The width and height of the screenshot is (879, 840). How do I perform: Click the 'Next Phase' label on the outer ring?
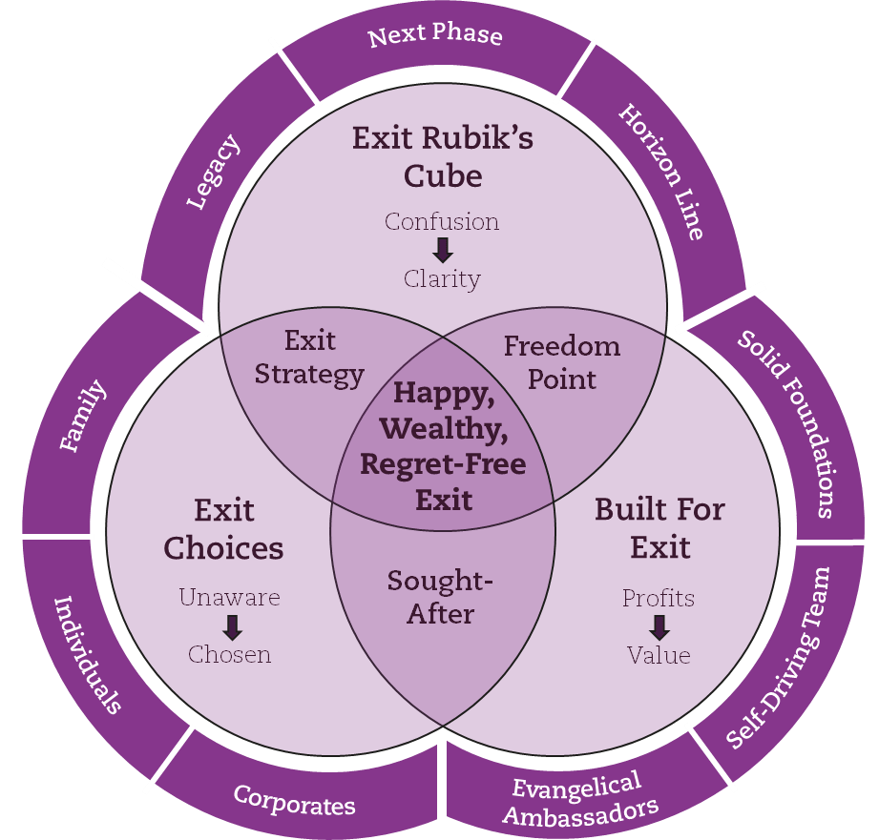(434, 36)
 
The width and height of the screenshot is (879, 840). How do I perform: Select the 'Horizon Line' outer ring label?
(661, 172)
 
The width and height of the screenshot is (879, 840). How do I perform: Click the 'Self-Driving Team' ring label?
(779, 659)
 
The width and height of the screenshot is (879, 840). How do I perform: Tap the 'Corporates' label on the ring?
(294, 800)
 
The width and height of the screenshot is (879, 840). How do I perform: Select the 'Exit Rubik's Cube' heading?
(442, 157)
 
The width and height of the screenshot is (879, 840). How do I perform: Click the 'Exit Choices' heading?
(224, 529)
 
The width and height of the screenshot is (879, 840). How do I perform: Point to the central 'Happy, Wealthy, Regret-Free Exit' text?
(443, 446)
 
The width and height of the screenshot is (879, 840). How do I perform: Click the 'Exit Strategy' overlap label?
(309, 358)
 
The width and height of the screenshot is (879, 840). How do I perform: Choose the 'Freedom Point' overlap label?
(561, 362)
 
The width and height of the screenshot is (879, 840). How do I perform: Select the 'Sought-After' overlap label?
(441, 598)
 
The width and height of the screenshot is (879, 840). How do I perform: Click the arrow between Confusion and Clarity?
(442, 251)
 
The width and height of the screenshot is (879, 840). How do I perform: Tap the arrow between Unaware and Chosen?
(231, 627)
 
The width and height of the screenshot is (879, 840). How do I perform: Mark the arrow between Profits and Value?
(659, 627)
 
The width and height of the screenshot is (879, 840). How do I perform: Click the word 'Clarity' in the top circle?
(442, 279)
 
